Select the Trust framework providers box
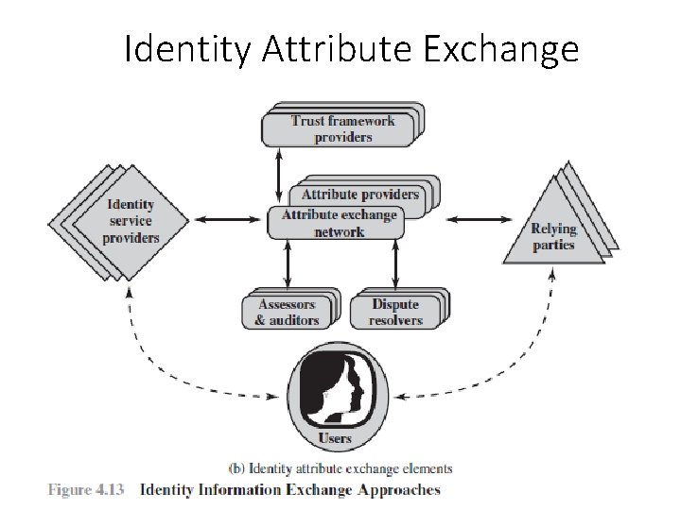coord(341,128)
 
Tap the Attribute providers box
coord(359,194)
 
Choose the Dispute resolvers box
coord(395,312)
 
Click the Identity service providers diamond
coord(131,222)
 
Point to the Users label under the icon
coord(336,438)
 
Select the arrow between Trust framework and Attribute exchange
coord(278,174)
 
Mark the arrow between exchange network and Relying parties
coord(476,220)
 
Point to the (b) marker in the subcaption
coord(238,468)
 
